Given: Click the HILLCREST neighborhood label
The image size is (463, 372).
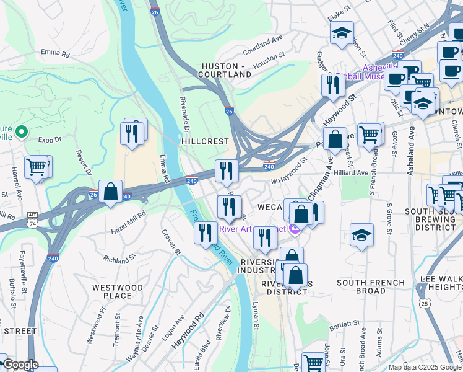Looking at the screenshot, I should coord(205,141).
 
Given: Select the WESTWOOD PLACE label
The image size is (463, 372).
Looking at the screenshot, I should coord(118,291).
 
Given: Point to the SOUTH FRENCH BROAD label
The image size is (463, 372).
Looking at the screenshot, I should coord(370,286).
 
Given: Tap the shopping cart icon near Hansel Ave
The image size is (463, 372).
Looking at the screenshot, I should coord(37,166).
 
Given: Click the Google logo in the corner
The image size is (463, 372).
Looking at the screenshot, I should coord(20,365).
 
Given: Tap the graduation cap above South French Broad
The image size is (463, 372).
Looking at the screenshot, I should coord(361,235).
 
